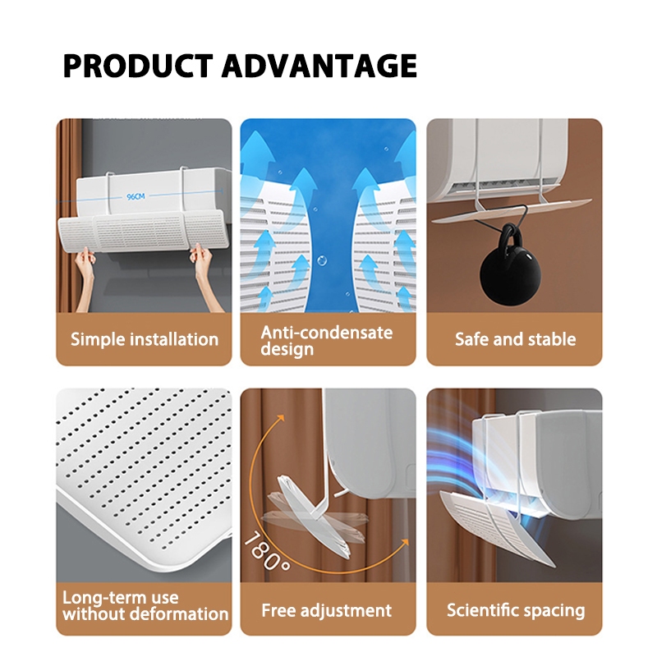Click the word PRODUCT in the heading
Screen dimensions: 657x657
click(x=138, y=66)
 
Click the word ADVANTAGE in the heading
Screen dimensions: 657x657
click(x=319, y=66)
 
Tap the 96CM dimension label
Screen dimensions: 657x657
click(x=136, y=196)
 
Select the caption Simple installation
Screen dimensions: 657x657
click(x=145, y=339)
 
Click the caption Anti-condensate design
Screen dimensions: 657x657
click(x=326, y=340)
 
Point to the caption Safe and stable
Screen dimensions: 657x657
click(x=516, y=339)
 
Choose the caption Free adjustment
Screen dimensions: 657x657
click(x=326, y=610)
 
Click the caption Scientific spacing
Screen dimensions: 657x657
click(x=516, y=610)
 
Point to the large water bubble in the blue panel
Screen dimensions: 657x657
click(x=322, y=260)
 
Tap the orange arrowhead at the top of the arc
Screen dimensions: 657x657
click(x=280, y=418)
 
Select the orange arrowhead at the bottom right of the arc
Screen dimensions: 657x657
click(x=404, y=542)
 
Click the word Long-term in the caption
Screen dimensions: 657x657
click(x=121, y=598)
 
